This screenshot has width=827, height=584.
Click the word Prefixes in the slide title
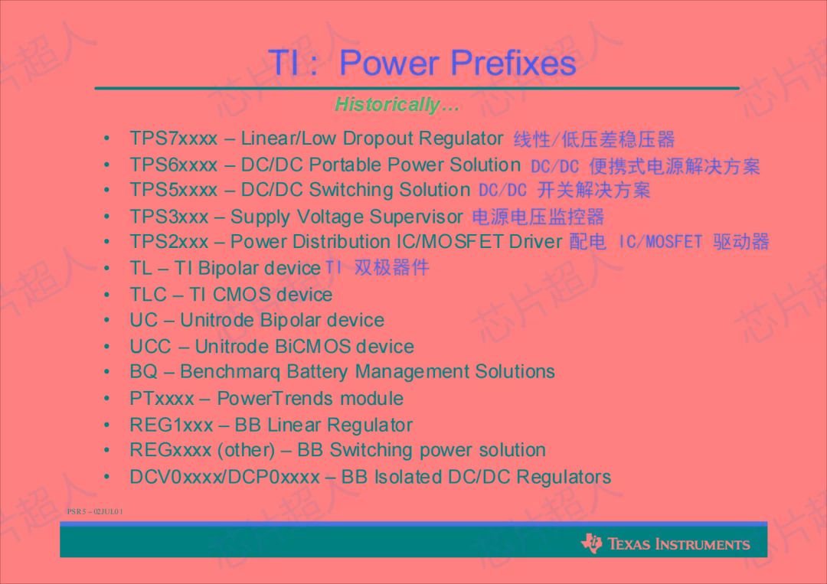512,63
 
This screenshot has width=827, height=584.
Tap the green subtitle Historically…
397,105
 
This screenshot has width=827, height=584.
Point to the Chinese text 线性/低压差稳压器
594,139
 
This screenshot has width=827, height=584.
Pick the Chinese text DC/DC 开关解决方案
564,190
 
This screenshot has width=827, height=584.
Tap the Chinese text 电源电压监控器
538,217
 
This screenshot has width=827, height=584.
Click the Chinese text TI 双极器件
378,267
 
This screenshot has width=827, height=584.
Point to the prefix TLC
149,295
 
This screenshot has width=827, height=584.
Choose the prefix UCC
151,347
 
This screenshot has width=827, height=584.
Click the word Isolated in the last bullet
407,477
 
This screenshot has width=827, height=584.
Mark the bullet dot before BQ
108,372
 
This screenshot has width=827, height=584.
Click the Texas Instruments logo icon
592,543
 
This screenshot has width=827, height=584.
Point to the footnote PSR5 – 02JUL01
95,511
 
